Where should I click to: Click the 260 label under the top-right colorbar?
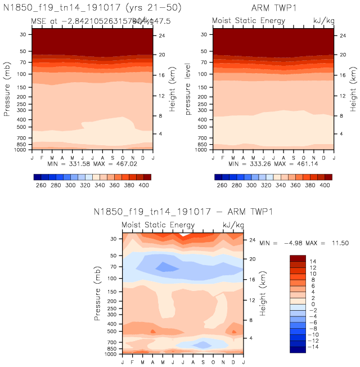pos(222,185)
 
